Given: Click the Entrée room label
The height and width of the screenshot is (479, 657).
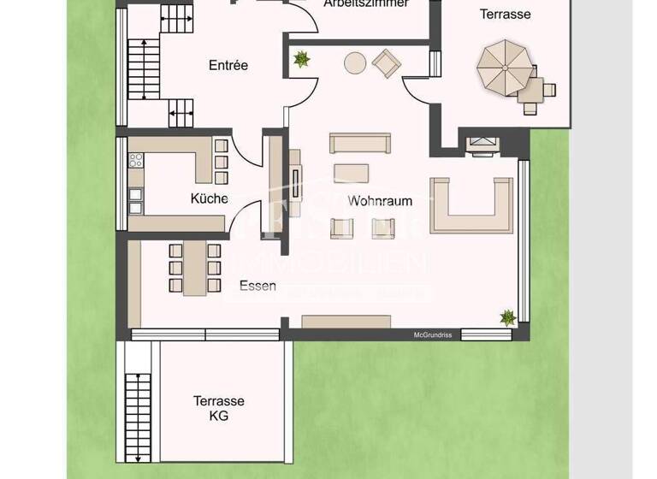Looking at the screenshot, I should (228, 65).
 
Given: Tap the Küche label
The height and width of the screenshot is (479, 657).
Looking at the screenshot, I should (209, 198).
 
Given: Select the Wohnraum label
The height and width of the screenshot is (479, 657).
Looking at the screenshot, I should (380, 202).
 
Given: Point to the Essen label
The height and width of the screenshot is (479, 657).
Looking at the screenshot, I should (257, 287).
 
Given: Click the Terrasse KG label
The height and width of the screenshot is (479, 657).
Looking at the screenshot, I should (219, 409).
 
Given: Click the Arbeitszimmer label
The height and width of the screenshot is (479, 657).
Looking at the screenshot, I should (365, 3).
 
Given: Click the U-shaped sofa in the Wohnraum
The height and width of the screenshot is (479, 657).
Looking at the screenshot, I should (472, 206).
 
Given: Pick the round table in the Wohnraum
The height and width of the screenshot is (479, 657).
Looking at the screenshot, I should (354, 62).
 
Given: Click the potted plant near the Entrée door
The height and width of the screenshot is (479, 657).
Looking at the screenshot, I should (301, 59).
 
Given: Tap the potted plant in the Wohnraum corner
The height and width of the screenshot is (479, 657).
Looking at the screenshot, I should (508, 317).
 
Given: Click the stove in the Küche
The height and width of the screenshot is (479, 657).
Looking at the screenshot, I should (135, 159).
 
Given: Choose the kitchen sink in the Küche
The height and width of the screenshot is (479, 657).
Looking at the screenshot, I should (135, 200).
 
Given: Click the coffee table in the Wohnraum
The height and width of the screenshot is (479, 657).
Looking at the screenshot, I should (352, 173).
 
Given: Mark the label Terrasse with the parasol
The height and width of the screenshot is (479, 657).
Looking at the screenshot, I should (505, 14).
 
